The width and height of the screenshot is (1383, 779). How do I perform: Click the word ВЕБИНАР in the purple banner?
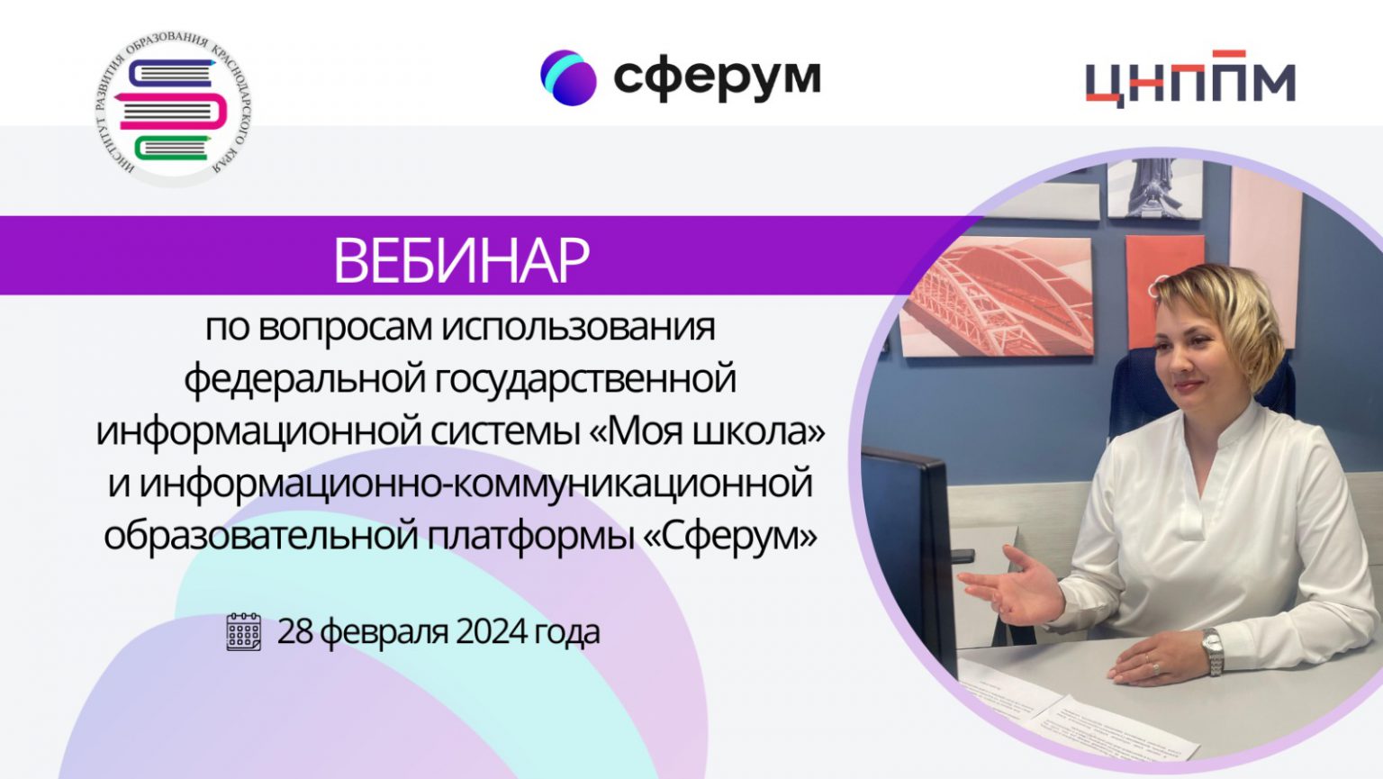coord(461,260)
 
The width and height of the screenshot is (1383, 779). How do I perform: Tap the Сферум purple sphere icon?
coord(568,77)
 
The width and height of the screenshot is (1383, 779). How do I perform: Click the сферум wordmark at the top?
coord(717,78)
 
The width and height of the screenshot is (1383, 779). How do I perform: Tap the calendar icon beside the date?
coord(244,632)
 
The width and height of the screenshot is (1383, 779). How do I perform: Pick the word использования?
coord(579,328)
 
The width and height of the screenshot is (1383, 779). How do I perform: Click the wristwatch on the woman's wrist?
coord(1212,652)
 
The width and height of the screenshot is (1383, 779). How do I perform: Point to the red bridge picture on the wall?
coord(996,296)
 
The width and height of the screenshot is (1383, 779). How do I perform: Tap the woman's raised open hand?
coord(1013,587)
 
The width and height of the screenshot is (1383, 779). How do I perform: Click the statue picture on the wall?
coord(1155,188)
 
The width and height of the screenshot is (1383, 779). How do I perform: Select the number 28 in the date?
coord(295,631)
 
